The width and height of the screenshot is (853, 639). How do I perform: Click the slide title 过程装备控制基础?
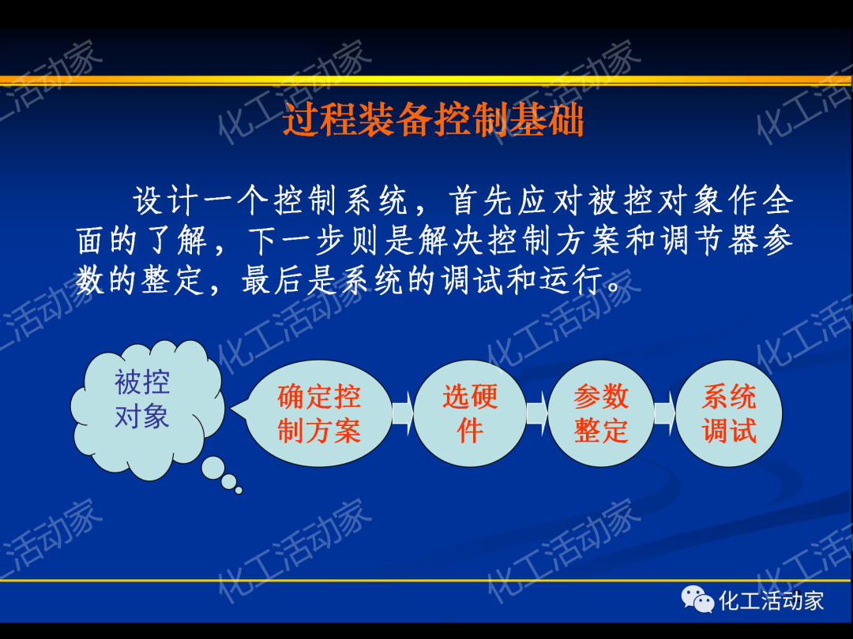click(433, 122)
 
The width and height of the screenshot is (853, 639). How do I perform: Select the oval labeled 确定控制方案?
click(319, 413)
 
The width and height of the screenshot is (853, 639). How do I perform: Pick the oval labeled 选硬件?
click(469, 413)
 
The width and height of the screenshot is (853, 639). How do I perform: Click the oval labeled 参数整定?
click(600, 413)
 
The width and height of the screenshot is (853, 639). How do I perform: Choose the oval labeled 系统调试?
click(728, 413)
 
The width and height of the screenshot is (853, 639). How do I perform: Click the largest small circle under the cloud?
click(212, 468)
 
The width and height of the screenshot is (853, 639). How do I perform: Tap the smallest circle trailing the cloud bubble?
click(239, 490)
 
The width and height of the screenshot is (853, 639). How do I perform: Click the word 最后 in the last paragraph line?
click(274, 281)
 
